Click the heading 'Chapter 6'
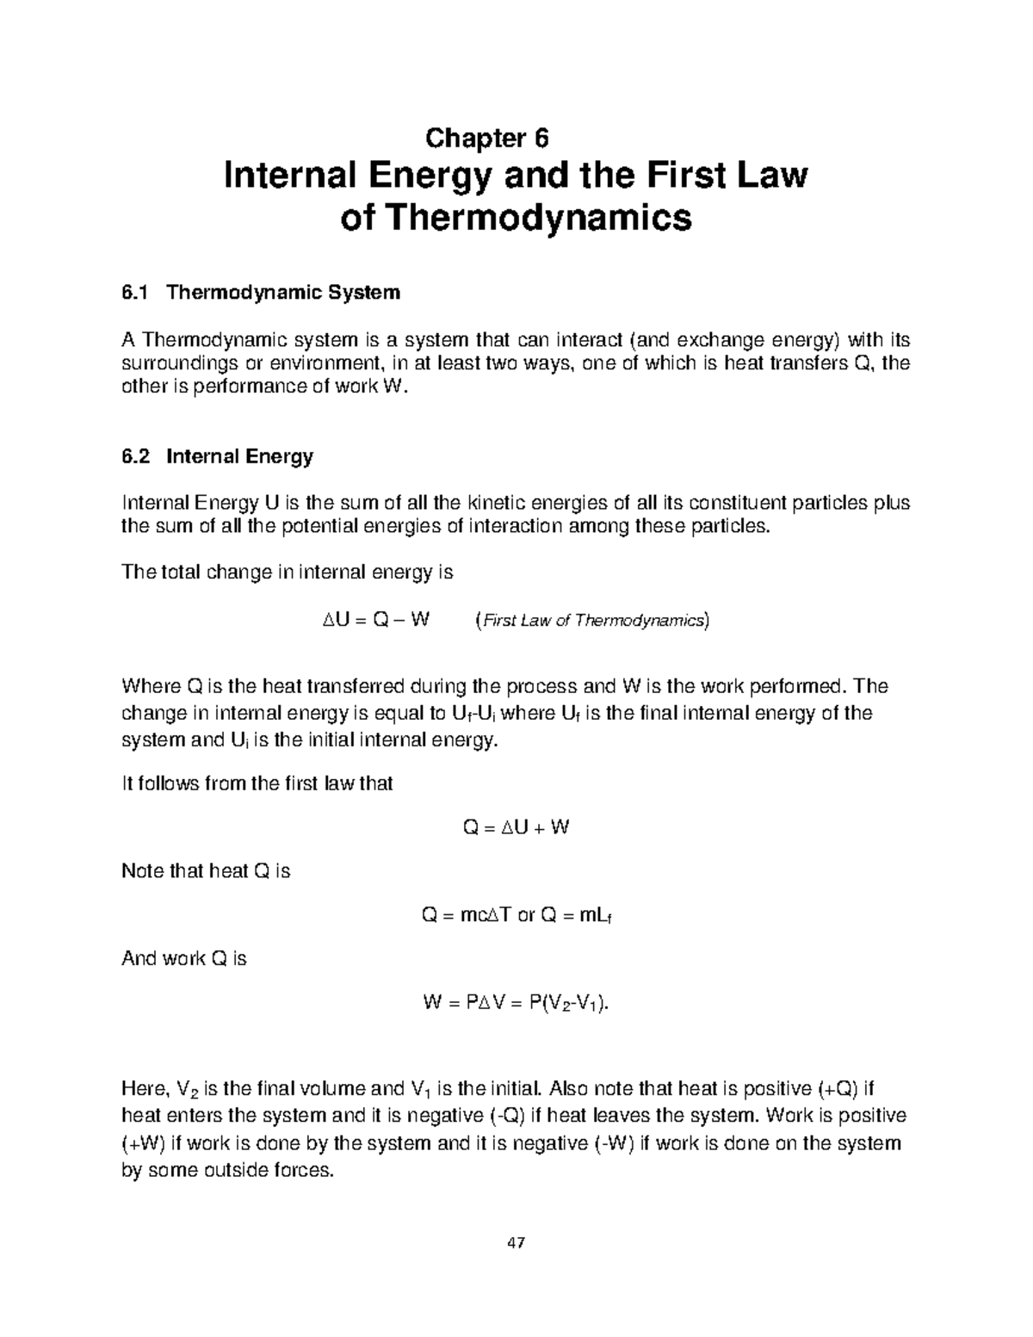(x=487, y=138)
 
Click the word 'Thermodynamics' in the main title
(x=538, y=219)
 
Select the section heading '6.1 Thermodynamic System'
(x=261, y=293)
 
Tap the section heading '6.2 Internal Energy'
(x=217, y=456)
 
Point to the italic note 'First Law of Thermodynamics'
(x=592, y=620)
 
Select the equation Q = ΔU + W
(x=516, y=828)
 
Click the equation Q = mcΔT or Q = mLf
(x=516, y=916)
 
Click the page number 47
(x=516, y=1243)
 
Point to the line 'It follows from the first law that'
(x=257, y=783)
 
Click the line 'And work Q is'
(x=184, y=959)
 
